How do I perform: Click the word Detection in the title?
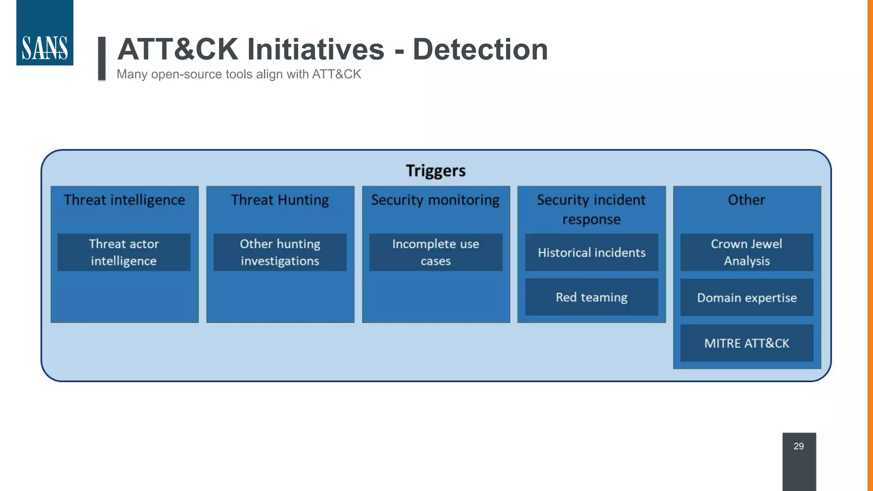click(480, 49)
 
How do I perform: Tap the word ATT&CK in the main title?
click(177, 49)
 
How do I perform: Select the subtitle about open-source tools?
click(239, 74)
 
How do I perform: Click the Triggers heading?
click(436, 170)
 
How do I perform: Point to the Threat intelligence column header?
click(124, 200)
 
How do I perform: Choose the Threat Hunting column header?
click(280, 200)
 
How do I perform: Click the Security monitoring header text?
click(435, 200)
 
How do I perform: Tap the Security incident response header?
click(591, 209)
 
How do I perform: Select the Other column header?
click(746, 200)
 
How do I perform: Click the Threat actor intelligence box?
click(124, 252)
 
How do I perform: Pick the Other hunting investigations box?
click(280, 252)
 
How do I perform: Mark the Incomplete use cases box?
click(436, 252)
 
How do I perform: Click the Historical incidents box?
click(592, 252)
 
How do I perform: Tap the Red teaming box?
click(592, 297)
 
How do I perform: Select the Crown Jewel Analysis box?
click(747, 252)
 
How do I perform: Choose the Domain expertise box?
click(747, 297)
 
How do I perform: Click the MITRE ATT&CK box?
click(747, 343)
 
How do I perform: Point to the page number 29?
click(799, 446)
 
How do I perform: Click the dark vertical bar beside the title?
click(102, 58)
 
